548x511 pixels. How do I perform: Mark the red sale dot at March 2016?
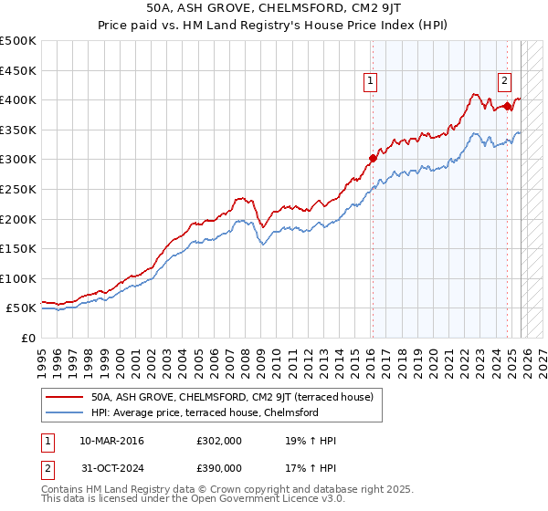373,158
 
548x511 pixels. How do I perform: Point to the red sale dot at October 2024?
508,106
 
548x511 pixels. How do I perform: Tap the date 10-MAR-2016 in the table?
111,441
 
